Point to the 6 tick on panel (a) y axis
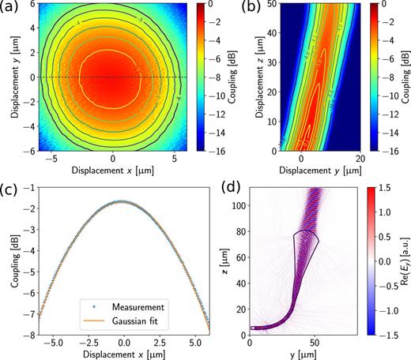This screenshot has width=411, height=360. pyautogui.click(x=30, y=6)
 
